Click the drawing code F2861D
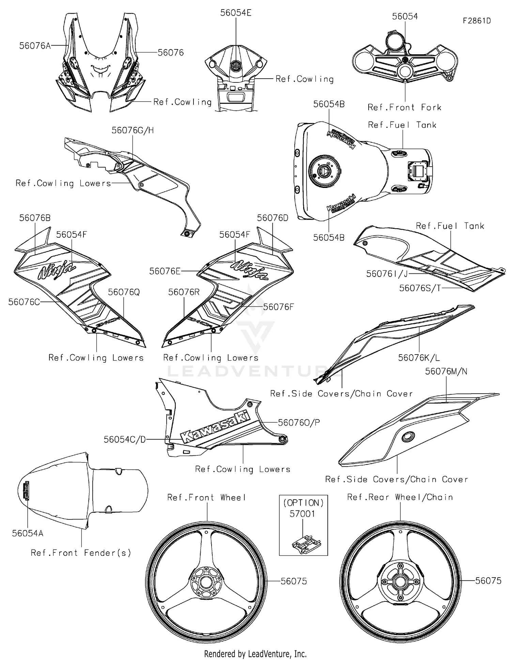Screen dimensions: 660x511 477,21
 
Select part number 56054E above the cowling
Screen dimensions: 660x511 236,13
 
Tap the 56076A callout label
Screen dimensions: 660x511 35,46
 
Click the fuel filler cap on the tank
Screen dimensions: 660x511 324,170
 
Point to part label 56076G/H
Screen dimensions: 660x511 133,130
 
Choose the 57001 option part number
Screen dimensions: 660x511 302,514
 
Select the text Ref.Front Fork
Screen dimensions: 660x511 404,108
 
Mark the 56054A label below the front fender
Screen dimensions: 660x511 28,533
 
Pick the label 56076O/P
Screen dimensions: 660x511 299,423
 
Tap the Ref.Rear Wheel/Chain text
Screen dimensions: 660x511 400,497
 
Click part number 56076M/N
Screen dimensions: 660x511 446,371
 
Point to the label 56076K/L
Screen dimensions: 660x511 419,358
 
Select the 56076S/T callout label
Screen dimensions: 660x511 420,288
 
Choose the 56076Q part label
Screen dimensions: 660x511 124,292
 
